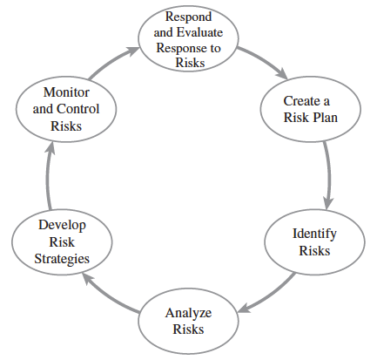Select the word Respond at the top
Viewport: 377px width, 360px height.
point(188,17)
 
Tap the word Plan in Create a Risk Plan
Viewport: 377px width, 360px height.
point(325,118)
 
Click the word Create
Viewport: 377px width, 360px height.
point(301,101)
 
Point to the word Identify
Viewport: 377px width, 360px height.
point(314,234)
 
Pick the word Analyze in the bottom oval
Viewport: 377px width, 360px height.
point(188,314)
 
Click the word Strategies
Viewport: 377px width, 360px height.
point(62,259)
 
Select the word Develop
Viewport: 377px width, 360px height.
point(62,226)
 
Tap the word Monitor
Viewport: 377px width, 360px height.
point(66,92)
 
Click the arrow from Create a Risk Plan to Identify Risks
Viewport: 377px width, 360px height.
point(328,174)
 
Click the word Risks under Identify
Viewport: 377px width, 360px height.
point(314,251)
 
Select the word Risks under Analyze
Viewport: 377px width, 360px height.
point(188,329)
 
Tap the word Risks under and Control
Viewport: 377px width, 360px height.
point(66,126)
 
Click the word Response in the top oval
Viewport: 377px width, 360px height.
point(178,49)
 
